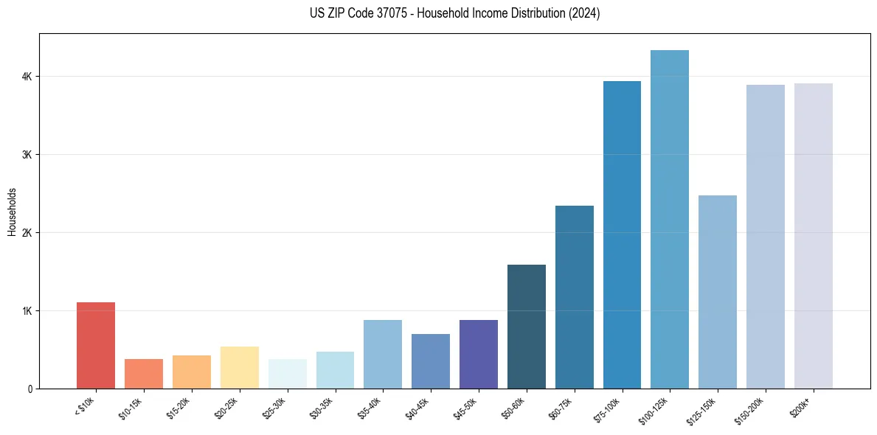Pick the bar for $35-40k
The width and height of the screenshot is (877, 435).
tap(383, 354)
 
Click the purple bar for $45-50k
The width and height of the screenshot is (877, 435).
tap(478, 354)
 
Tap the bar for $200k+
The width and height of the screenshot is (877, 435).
tap(813, 236)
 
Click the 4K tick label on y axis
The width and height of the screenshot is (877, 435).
tap(27, 77)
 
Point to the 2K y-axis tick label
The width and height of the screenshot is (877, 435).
tap(27, 233)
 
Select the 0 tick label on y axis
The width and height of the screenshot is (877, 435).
tap(30, 389)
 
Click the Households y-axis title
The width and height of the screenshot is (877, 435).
tap(13, 212)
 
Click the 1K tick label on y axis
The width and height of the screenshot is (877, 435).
tap(27, 310)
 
